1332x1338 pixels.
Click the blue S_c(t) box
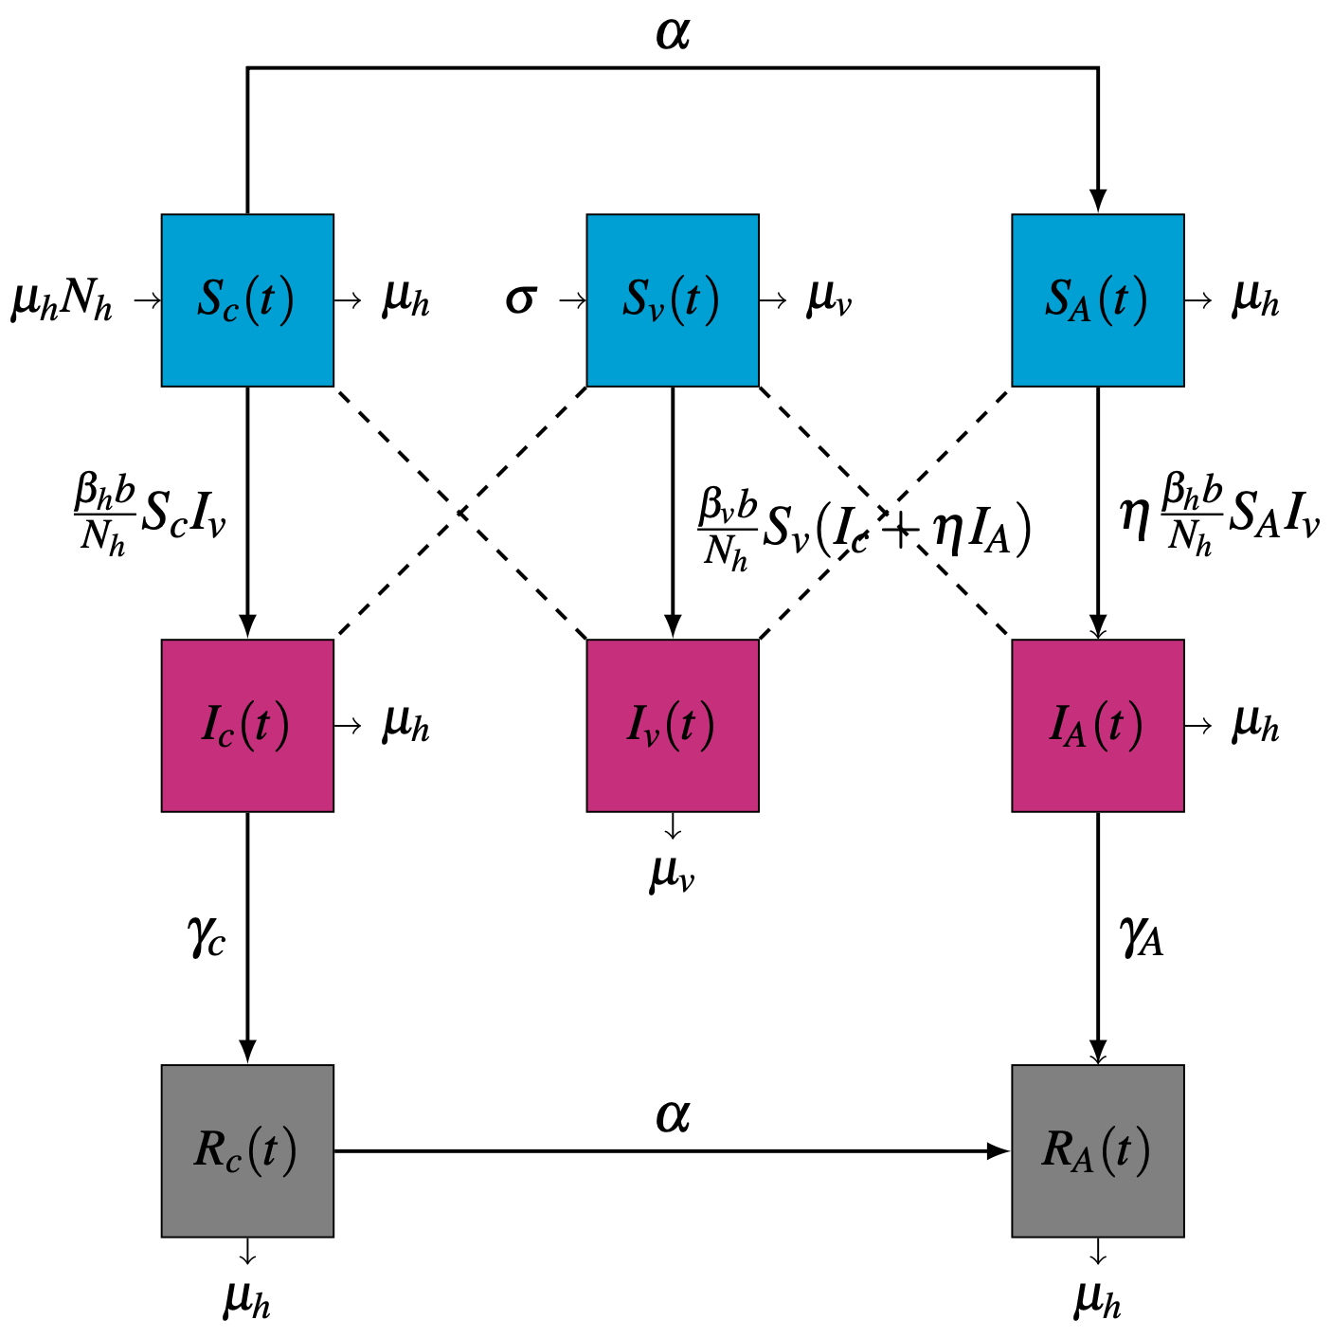point(247,300)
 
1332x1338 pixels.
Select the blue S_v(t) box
point(673,300)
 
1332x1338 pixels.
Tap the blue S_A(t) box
point(1097,300)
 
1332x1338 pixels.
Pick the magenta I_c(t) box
point(247,726)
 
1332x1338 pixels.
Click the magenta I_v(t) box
point(673,726)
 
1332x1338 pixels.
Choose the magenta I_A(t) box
point(1097,726)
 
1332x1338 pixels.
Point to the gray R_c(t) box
point(247,1150)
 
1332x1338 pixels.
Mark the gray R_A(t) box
point(1097,1150)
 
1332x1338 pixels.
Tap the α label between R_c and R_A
point(673,1116)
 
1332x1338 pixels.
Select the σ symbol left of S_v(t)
point(520,300)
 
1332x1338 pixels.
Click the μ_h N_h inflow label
point(62,303)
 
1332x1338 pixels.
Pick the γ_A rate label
point(1141,938)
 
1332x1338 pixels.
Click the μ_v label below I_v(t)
point(672,874)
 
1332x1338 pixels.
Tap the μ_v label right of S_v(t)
point(829,301)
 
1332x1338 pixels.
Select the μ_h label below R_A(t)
point(1097,1299)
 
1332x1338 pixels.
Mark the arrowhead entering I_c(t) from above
point(247,626)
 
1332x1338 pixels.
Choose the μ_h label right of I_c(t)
point(405,727)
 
